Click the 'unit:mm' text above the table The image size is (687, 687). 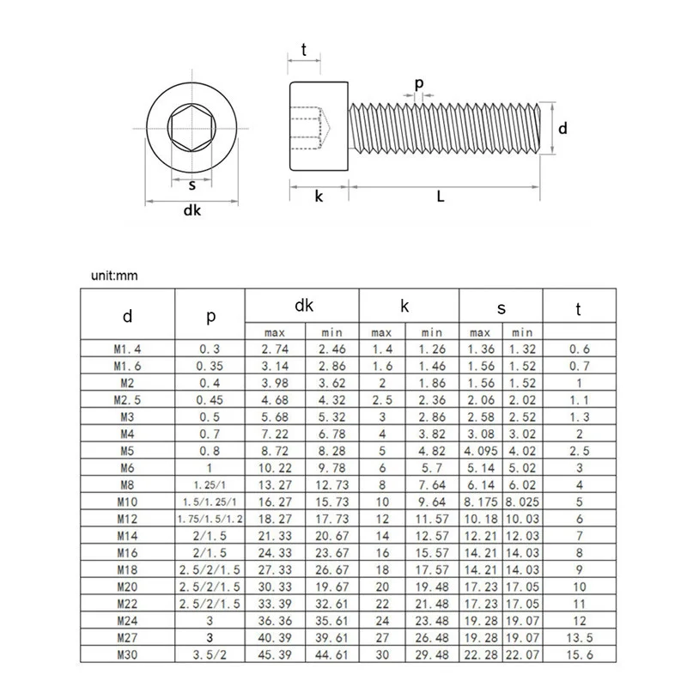tap(114, 276)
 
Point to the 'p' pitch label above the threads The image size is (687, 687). tap(419, 83)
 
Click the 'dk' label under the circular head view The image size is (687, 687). tap(192, 212)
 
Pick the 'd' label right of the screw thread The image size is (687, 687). tap(562, 128)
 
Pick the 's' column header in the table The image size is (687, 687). tap(502, 307)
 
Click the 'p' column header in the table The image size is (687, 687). tap(210, 315)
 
